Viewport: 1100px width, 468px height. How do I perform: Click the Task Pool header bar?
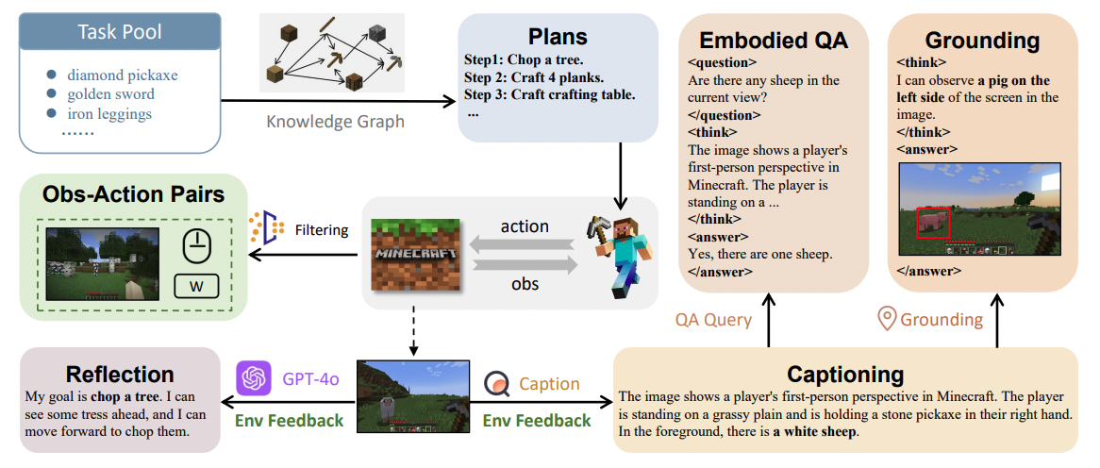(119, 32)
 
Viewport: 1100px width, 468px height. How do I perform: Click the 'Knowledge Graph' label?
(335, 122)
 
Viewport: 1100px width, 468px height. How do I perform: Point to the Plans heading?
(558, 37)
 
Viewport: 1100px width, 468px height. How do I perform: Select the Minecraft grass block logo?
(414, 256)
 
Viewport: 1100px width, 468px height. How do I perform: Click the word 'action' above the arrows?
(524, 226)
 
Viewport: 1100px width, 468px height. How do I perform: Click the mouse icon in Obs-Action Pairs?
(197, 248)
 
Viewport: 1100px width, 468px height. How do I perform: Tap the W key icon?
(197, 286)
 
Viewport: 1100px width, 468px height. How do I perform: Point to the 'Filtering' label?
(322, 229)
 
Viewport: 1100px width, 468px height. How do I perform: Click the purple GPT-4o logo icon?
(251, 379)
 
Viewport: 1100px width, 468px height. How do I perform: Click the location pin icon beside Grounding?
(887, 319)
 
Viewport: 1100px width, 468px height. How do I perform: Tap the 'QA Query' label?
(713, 320)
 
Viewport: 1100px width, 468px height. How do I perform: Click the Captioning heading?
(844, 374)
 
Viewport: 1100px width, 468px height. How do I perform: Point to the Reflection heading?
(120, 374)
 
